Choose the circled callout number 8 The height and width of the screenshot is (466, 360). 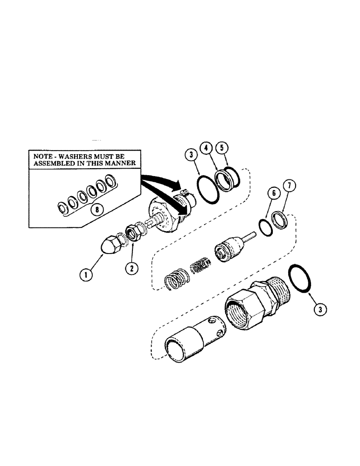coord(97,209)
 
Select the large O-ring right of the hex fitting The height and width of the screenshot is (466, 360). coord(299,279)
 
